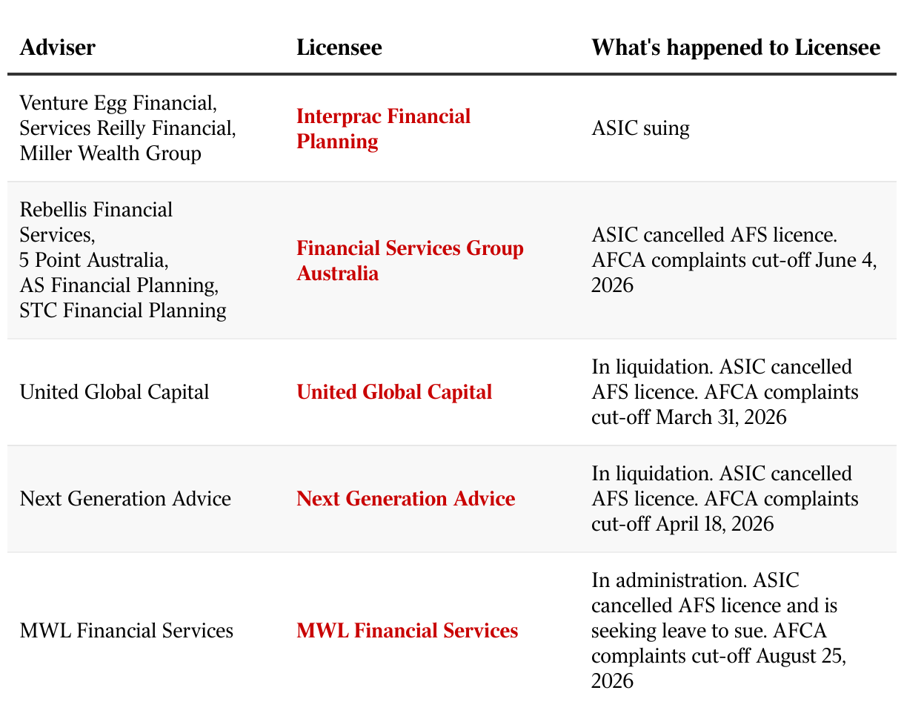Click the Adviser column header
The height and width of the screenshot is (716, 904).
[x=58, y=47]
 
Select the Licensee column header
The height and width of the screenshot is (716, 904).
[x=339, y=47]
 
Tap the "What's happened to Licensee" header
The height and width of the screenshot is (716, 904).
[x=736, y=47]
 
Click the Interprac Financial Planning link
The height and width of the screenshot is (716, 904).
[x=383, y=128]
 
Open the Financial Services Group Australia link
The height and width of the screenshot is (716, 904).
[x=410, y=260]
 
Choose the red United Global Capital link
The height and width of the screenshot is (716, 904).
[x=394, y=392]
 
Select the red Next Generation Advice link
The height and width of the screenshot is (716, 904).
[x=406, y=499]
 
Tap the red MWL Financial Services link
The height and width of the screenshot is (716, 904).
[x=407, y=631]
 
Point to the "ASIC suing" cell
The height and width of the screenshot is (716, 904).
[x=640, y=128]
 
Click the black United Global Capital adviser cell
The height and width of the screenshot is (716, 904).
[x=114, y=392]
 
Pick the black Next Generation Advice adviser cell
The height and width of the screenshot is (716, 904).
[x=125, y=499]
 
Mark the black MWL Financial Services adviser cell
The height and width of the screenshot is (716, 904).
[x=127, y=631]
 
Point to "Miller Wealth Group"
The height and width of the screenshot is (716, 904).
[x=110, y=153]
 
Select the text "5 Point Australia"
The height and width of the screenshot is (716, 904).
[x=92, y=260]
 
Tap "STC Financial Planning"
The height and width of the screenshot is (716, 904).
[x=123, y=311]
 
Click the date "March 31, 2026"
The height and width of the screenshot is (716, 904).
[x=721, y=417]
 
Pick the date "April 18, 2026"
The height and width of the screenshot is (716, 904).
[x=714, y=524]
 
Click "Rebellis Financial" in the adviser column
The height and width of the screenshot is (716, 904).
[x=96, y=210]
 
